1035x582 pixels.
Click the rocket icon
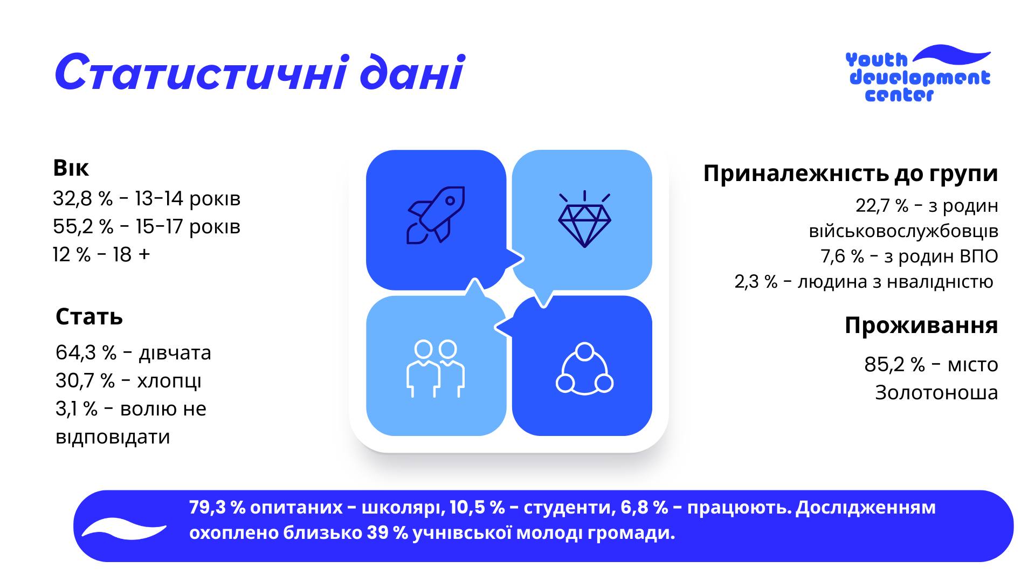(x=436, y=215)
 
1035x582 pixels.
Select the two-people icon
(x=435, y=369)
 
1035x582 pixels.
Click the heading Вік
(x=71, y=168)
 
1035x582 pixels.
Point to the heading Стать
(x=89, y=317)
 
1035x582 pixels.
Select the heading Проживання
(x=921, y=325)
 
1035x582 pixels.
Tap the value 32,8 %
(x=82, y=199)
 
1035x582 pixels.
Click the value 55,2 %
(x=83, y=227)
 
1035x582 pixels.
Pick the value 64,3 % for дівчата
(x=86, y=353)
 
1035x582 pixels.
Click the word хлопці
(x=169, y=381)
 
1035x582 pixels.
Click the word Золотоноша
(x=936, y=393)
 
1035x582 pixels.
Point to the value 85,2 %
(x=894, y=365)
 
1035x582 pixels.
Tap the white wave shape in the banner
(x=124, y=529)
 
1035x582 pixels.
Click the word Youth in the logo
(x=877, y=60)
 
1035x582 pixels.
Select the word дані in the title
(x=411, y=73)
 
